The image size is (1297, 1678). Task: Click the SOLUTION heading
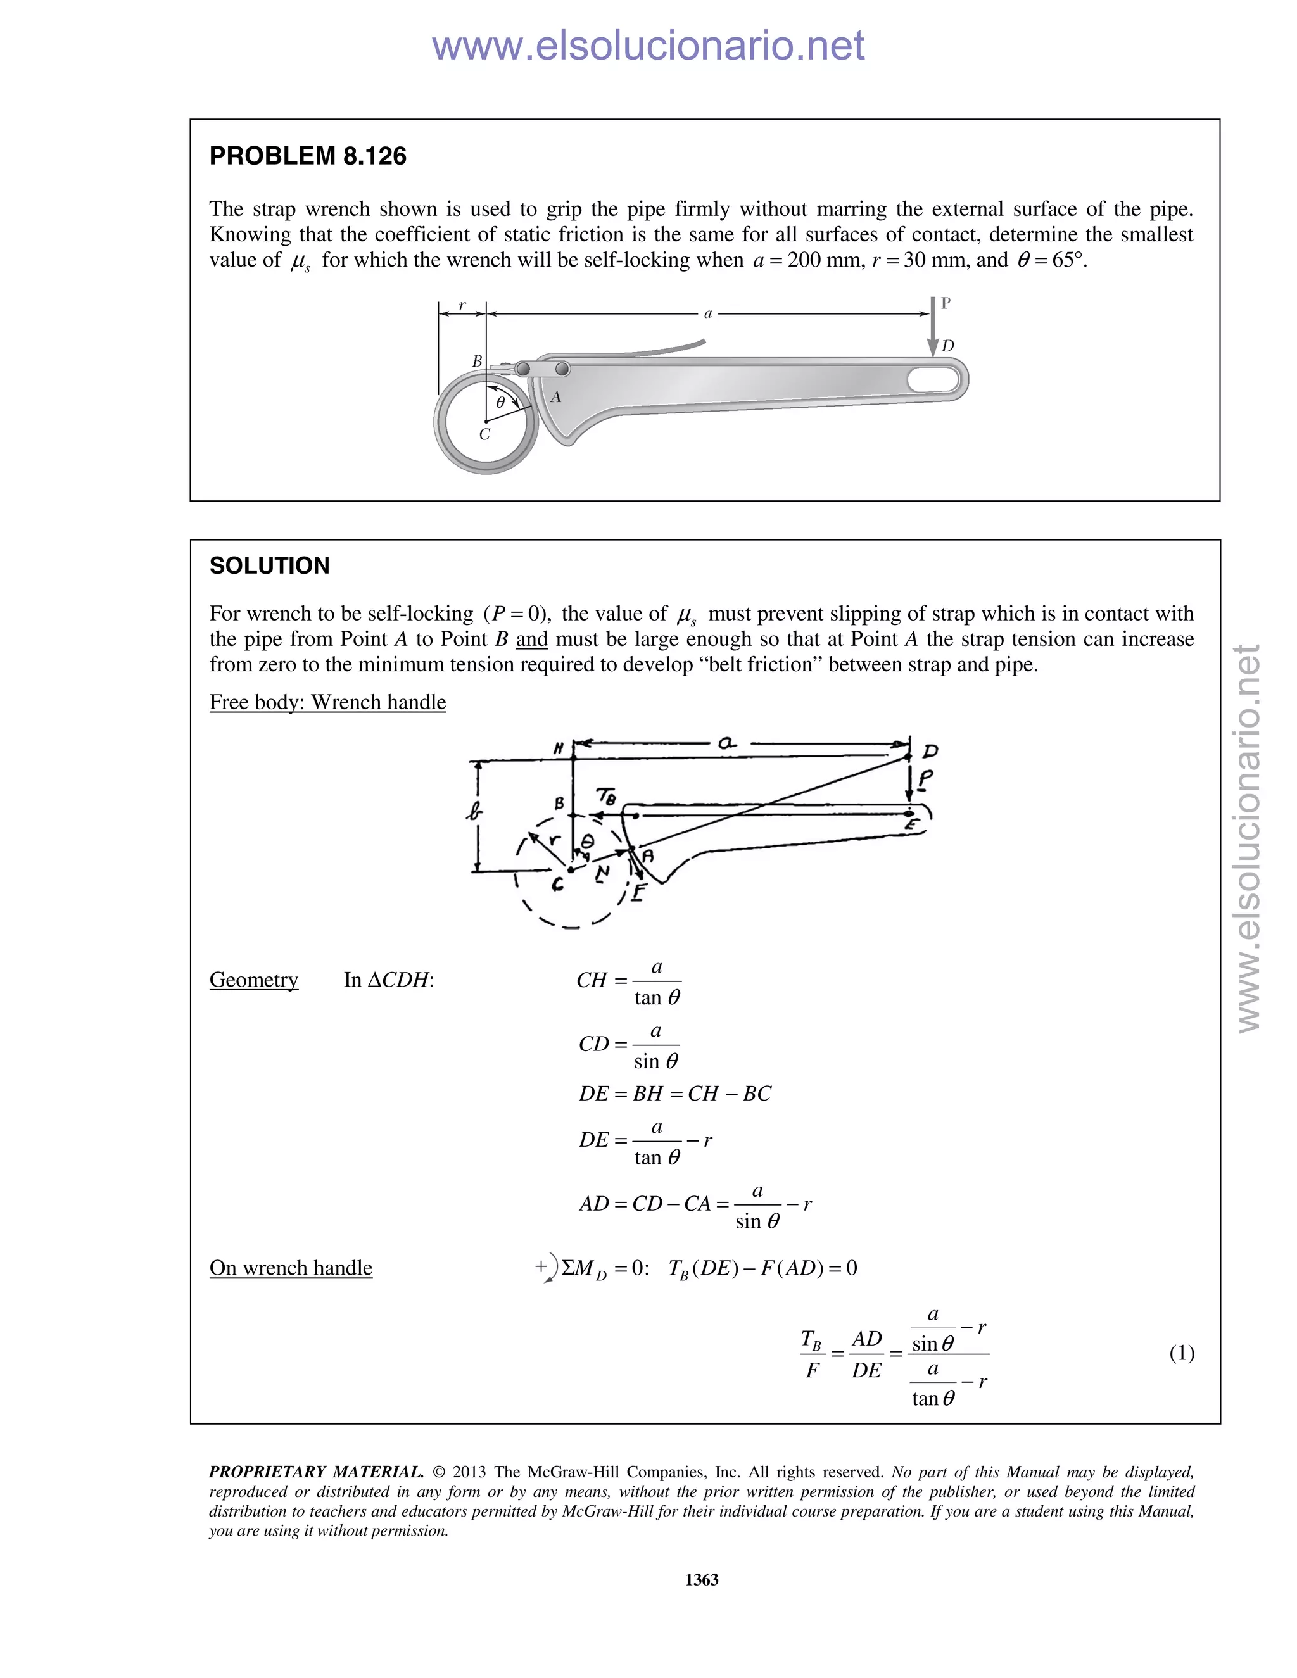pyautogui.click(x=269, y=566)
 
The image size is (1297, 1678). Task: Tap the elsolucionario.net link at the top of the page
pyautogui.click(x=648, y=46)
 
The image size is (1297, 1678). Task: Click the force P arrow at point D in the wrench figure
pyautogui.click(x=932, y=327)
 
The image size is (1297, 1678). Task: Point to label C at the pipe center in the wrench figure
pyautogui.click(x=484, y=435)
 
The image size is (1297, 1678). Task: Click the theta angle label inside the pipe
pyautogui.click(x=501, y=403)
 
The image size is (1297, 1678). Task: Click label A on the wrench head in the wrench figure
pyautogui.click(x=555, y=397)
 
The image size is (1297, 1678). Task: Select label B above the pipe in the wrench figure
pyautogui.click(x=476, y=361)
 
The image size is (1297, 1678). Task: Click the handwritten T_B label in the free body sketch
pyautogui.click(x=606, y=797)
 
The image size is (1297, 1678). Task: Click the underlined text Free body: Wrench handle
pyautogui.click(x=327, y=702)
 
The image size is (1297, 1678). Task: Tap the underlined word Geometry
pyautogui.click(x=253, y=980)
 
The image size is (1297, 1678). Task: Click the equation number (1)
pyautogui.click(x=1181, y=1353)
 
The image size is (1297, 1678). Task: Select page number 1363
pyautogui.click(x=702, y=1580)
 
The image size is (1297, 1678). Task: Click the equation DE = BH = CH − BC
pyautogui.click(x=674, y=1094)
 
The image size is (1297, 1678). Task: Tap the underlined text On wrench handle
pyautogui.click(x=291, y=1268)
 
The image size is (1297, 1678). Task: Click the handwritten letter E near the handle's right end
pyautogui.click(x=912, y=825)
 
